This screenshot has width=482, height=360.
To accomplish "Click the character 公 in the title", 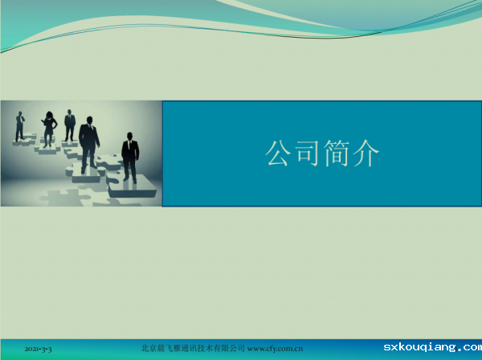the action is (278, 153).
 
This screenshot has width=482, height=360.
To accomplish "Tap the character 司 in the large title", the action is (307, 153).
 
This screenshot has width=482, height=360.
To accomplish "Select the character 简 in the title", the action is (336, 153).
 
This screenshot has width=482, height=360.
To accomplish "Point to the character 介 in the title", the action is (366, 153).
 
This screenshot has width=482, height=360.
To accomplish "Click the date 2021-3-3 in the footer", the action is (38, 349).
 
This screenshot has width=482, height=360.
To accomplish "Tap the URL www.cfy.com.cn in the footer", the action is (275, 349).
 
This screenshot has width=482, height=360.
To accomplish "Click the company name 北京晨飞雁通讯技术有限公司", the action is (193, 348).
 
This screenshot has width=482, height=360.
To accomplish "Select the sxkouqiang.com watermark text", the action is (432, 347).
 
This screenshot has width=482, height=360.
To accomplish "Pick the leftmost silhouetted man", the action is (20, 126).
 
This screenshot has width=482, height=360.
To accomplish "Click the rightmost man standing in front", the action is (130, 157).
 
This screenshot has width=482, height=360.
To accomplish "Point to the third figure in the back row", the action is (70, 125).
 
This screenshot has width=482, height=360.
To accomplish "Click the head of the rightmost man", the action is (129, 136).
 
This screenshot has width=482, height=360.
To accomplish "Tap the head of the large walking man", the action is (89, 120).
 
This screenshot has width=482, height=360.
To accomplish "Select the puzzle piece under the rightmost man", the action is (133, 186).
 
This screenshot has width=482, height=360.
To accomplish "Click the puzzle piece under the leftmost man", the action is (25, 139).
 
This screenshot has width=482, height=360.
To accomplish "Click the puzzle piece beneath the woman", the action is (47, 149).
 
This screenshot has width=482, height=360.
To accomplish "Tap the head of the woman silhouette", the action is (49, 115).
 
